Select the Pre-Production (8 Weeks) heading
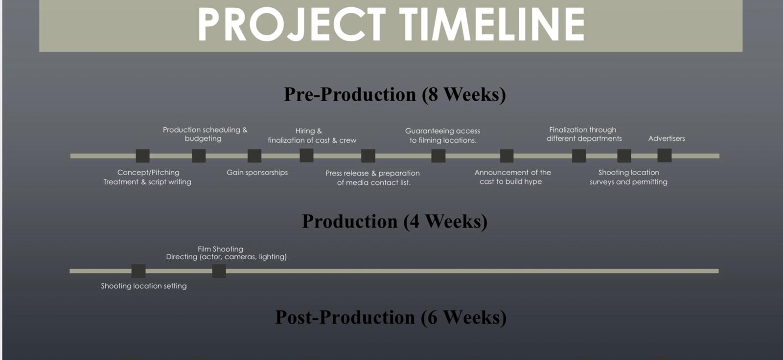pyautogui.click(x=394, y=94)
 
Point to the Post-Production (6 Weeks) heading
pyautogui.click(x=391, y=317)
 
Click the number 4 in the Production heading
pyautogui.click(x=414, y=222)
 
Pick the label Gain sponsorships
pyautogui.click(x=257, y=172)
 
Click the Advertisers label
pyautogui.click(x=667, y=138)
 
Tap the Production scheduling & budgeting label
pyautogui.click(x=205, y=134)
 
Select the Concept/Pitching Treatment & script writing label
pyautogui.click(x=147, y=177)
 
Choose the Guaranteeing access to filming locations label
pyautogui.click(x=442, y=135)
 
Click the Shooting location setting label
pyautogui.click(x=144, y=286)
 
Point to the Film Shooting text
pyautogui.click(x=221, y=249)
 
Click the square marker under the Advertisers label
pyautogui.click(x=664, y=156)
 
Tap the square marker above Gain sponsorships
pyautogui.click(x=254, y=156)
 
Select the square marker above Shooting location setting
pyautogui.click(x=138, y=271)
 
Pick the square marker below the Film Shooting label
pyautogui.click(x=219, y=271)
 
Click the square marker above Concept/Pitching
pyautogui.click(x=142, y=156)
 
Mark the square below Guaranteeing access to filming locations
pyautogui.click(x=438, y=156)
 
